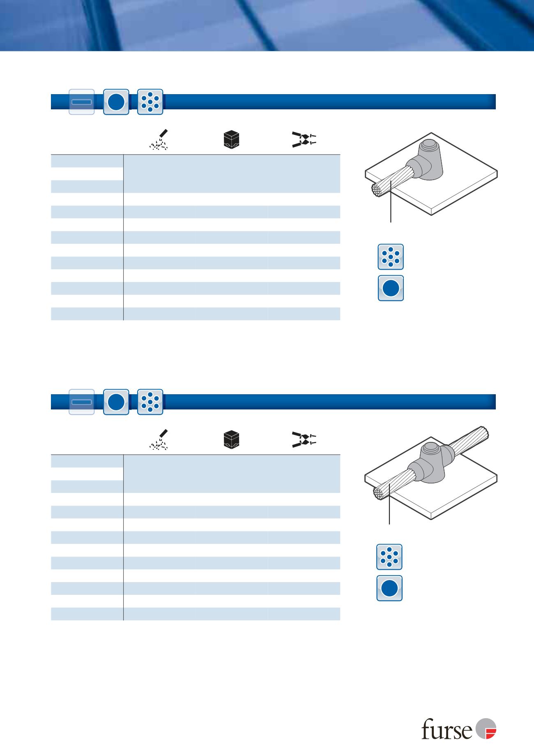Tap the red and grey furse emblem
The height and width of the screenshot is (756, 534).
point(486,729)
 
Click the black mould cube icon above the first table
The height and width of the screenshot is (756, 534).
point(231,140)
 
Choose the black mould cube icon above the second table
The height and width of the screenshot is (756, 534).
point(231,440)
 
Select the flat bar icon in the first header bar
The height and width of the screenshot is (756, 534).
point(81,102)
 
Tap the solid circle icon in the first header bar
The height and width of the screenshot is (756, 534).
point(116,102)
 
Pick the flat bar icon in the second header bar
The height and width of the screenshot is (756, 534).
point(81,402)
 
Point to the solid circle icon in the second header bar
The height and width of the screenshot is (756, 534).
point(116,402)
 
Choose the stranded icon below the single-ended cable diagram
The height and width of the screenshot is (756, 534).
point(391,257)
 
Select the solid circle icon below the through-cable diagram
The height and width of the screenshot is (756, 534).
point(389,588)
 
